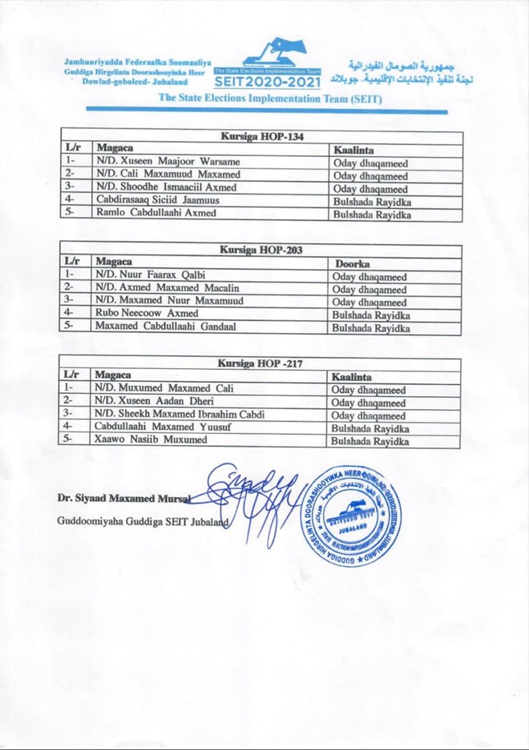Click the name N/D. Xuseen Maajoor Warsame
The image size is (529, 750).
point(168,162)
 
